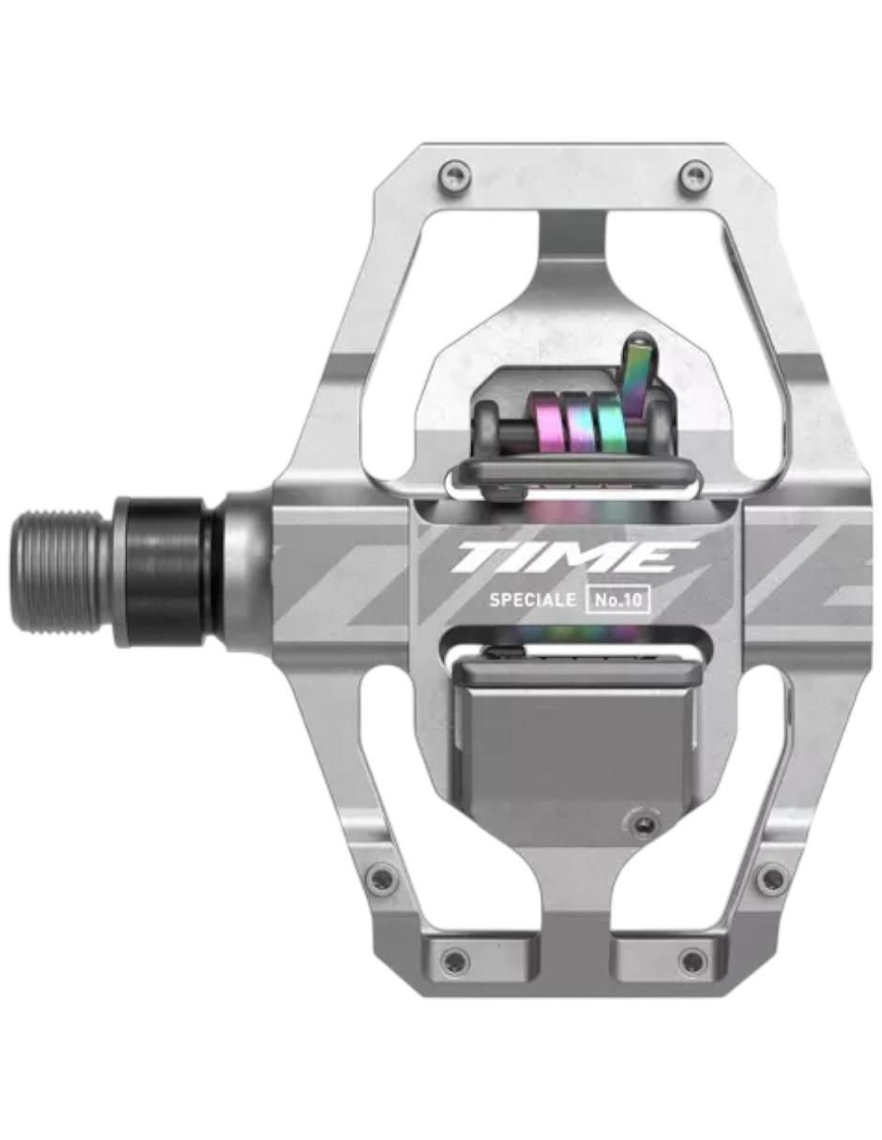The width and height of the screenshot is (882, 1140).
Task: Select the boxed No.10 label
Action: click(617, 600)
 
